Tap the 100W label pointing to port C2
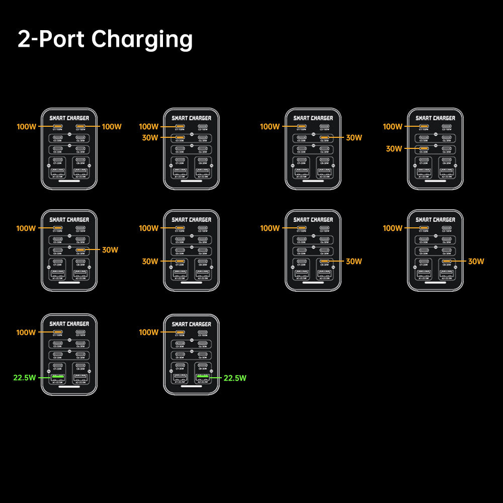click(x=112, y=127)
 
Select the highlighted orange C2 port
click(x=80, y=127)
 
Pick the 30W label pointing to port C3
click(x=149, y=138)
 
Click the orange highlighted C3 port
click(x=180, y=137)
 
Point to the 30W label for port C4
click(x=354, y=138)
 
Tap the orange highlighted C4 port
click(x=324, y=137)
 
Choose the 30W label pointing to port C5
click(x=394, y=149)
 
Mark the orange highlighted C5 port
click(x=425, y=148)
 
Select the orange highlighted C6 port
click(x=80, y=249)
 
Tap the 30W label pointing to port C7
click(x=150, y=262)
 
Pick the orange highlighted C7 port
click(x=180, y=261)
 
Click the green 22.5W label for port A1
click(x=25, y=378)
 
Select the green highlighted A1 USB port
click(x=58, y=377)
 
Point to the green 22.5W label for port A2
click(x=235, y=378)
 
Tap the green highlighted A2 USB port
click(x=203, y=377)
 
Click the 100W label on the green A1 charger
click(x=26, y=332)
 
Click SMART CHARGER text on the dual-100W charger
click(x=69, y=118)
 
